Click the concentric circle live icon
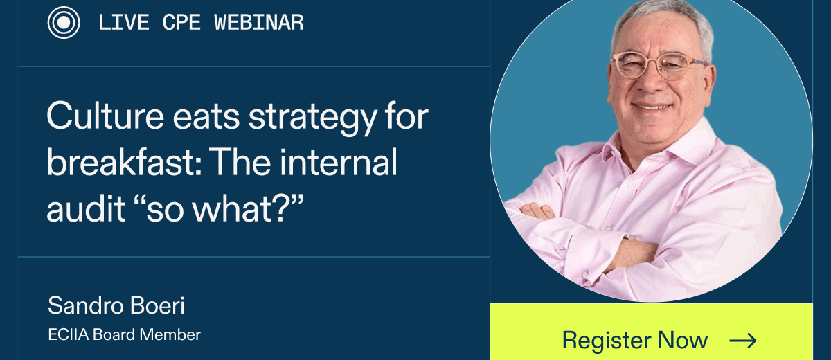[64, 23]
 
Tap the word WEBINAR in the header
[258, 23]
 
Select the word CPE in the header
[181, 23]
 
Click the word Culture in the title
[105, 116]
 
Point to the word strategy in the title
[312, 119]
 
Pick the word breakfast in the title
[124, 161]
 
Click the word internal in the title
[339, 161]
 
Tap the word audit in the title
[86, 208]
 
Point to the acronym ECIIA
[69, 335]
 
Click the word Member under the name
[170, 335]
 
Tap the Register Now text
[635, 340]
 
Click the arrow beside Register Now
[742, 341]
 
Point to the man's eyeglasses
[659, 66]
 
